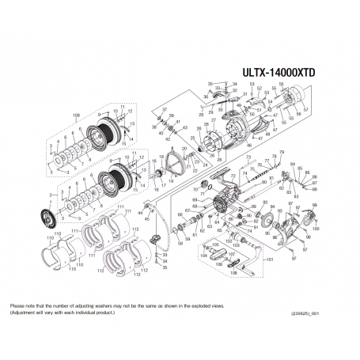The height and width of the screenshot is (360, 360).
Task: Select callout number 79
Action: [x=282, y=151]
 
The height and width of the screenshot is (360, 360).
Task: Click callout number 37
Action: [x=164, y=108]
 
